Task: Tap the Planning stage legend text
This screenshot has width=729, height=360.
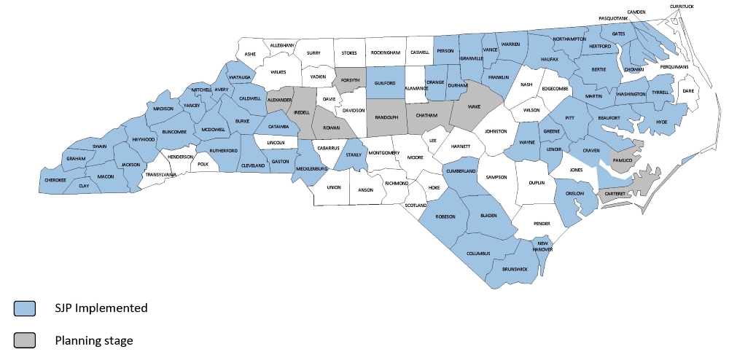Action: [x=95, y=340]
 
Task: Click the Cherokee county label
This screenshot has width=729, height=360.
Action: [x=55, y=180]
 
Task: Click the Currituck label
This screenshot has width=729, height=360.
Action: [x=683, y=7]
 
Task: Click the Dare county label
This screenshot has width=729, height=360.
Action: [x=686, y=91]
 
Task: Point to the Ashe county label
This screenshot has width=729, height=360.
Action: [x=251, y=54]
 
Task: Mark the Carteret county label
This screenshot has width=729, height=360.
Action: [x=615, y=194]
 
